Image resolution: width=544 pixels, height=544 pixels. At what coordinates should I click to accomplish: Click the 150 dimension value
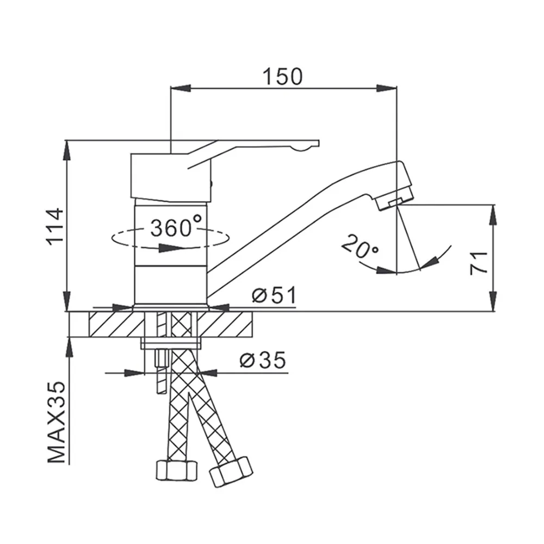[x=282, y=77]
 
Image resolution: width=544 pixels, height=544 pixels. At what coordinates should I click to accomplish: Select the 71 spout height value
[x=479, y=263]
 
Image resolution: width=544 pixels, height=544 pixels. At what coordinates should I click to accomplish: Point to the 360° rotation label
[x=176, y=226]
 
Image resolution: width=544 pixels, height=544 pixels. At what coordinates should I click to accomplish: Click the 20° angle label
[x=360, y=247]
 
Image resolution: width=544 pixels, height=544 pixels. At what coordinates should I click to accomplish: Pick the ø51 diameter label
[x=274, y=295]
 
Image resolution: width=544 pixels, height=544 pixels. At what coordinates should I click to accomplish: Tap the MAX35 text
[x=56, y=422]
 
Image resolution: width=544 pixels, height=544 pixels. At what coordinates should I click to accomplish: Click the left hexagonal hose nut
[x=177, y=471]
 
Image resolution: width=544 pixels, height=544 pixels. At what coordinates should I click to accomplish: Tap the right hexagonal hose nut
[x=231, y=472]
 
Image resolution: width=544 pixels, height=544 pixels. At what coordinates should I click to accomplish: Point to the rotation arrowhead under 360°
[x=170, y=248]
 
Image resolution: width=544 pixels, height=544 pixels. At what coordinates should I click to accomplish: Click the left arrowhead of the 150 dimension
[x=181, y=88]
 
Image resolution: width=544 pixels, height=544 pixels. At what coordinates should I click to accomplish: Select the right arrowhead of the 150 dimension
[x=386, y=88]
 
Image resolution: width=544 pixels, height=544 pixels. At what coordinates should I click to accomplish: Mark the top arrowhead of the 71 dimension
[x=493, y=215]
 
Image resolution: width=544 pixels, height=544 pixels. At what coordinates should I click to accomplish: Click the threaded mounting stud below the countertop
[x=162, y=370]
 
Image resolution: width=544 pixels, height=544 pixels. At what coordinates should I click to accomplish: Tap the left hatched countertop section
[x=116, y=324]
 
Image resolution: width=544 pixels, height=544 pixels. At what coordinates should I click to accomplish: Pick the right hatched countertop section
[x=225, y=324]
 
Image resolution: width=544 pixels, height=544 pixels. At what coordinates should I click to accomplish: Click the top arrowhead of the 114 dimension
[x=67, y=150]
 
